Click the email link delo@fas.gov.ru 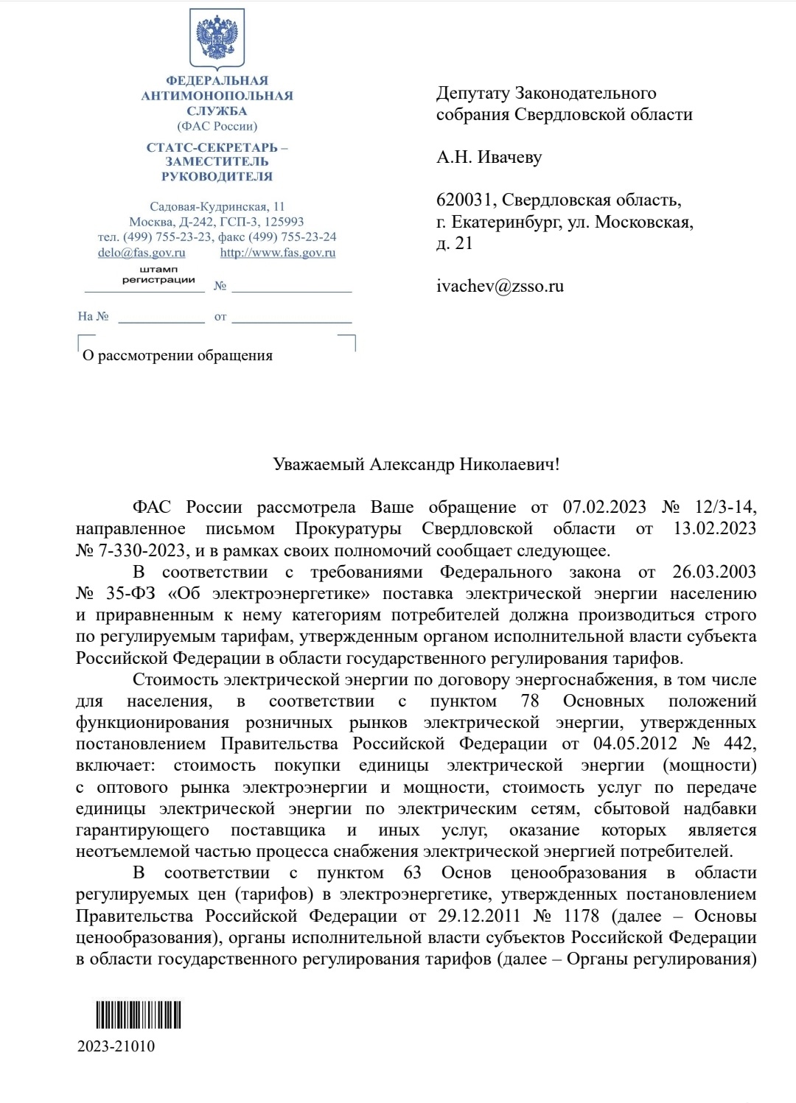coord(142,253)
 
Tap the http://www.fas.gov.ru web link coord(278,253)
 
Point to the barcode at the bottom coord(139,1015)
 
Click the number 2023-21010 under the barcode coord(116,1046)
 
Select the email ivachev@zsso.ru coord(500,286)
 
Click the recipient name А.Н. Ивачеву coord(489,157)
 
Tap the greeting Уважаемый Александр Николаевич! coord(416,464)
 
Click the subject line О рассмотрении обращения coord(178,355)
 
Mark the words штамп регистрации coord(158,274)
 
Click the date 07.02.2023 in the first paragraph coord(604,507)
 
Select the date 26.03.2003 coord(714,572)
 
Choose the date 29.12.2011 coord(479,916)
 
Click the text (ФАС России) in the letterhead coord(217,126)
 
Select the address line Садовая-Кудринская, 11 coord(217,206)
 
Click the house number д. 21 coord(454,243)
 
